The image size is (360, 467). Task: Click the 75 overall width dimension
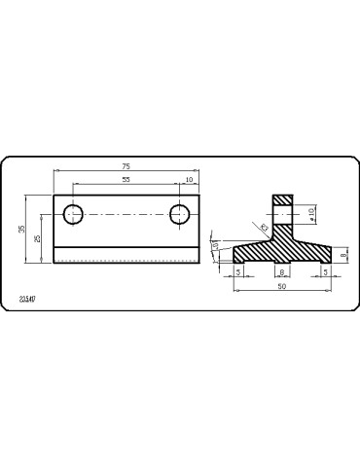tap(126, 166)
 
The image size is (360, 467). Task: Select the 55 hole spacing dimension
tap(126, 181)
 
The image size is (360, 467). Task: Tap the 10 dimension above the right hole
tap(188, 181)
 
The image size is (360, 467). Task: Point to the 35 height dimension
tap(22, 229)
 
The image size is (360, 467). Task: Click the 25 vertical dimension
tap(38, 238)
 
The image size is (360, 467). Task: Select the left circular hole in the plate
tap(73, 214)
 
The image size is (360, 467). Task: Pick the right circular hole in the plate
tap(180, 214)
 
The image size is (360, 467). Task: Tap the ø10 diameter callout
tap(312, 212)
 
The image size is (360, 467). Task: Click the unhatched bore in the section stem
tap(282, 212)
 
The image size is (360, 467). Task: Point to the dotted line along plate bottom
tap(126, 262)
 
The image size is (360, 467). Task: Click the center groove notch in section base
tap(280, 260)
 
